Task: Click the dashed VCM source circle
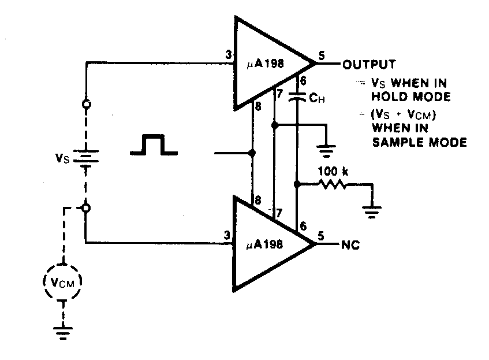pos(62,282)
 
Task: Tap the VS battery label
pos(61,157)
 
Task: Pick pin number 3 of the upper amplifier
pos(229,56)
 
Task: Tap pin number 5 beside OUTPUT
pos(322,57)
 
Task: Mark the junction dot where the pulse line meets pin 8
pos(252,154)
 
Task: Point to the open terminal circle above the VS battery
pos(85,105)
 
